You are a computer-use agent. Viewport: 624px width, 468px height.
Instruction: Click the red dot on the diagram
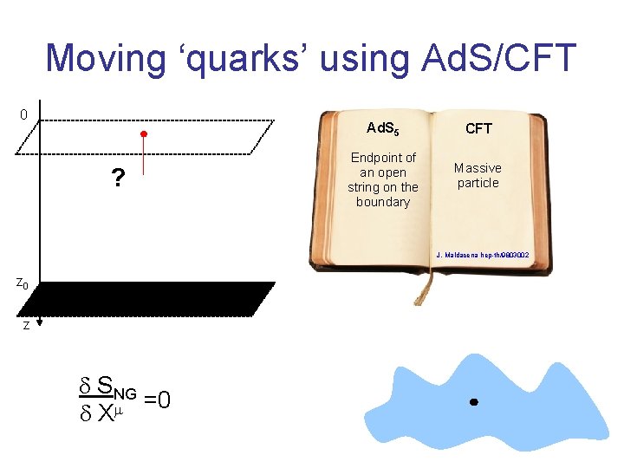pyautogui.click(x=145, y=134)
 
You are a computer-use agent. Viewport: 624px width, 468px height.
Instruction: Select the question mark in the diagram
pyautogui.click(x=116, y=179)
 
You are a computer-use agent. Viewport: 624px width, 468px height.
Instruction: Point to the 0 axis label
pyautogui.click(x=23, y=114)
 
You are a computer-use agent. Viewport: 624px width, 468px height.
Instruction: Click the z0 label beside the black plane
pyautogui.click(x=23, y=283)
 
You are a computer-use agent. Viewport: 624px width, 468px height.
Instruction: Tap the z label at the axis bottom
pyautogui.click(x=26, y=326)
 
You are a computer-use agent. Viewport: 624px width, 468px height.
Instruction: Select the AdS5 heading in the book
pyautogui.click(x=382, y=128)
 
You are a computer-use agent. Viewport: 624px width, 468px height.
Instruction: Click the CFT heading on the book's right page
pyautogui.click(x=478, y=128)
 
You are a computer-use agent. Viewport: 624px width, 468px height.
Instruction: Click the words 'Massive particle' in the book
pyautogui.click(x=478, y=175)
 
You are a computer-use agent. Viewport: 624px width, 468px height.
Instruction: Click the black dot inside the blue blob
pyautogui.click(x=473, y=403)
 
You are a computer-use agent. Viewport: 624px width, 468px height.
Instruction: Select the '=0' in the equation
pyautogui.click(x=157, y=400)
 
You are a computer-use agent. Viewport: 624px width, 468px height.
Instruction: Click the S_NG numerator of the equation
pyautogui.click(x=114, y=383)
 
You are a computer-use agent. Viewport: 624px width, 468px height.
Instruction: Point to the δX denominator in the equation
pyautogui.click(x=103, y=414)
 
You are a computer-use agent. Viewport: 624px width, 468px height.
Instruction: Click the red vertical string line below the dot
pyautogui.click(x=145, y=160)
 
